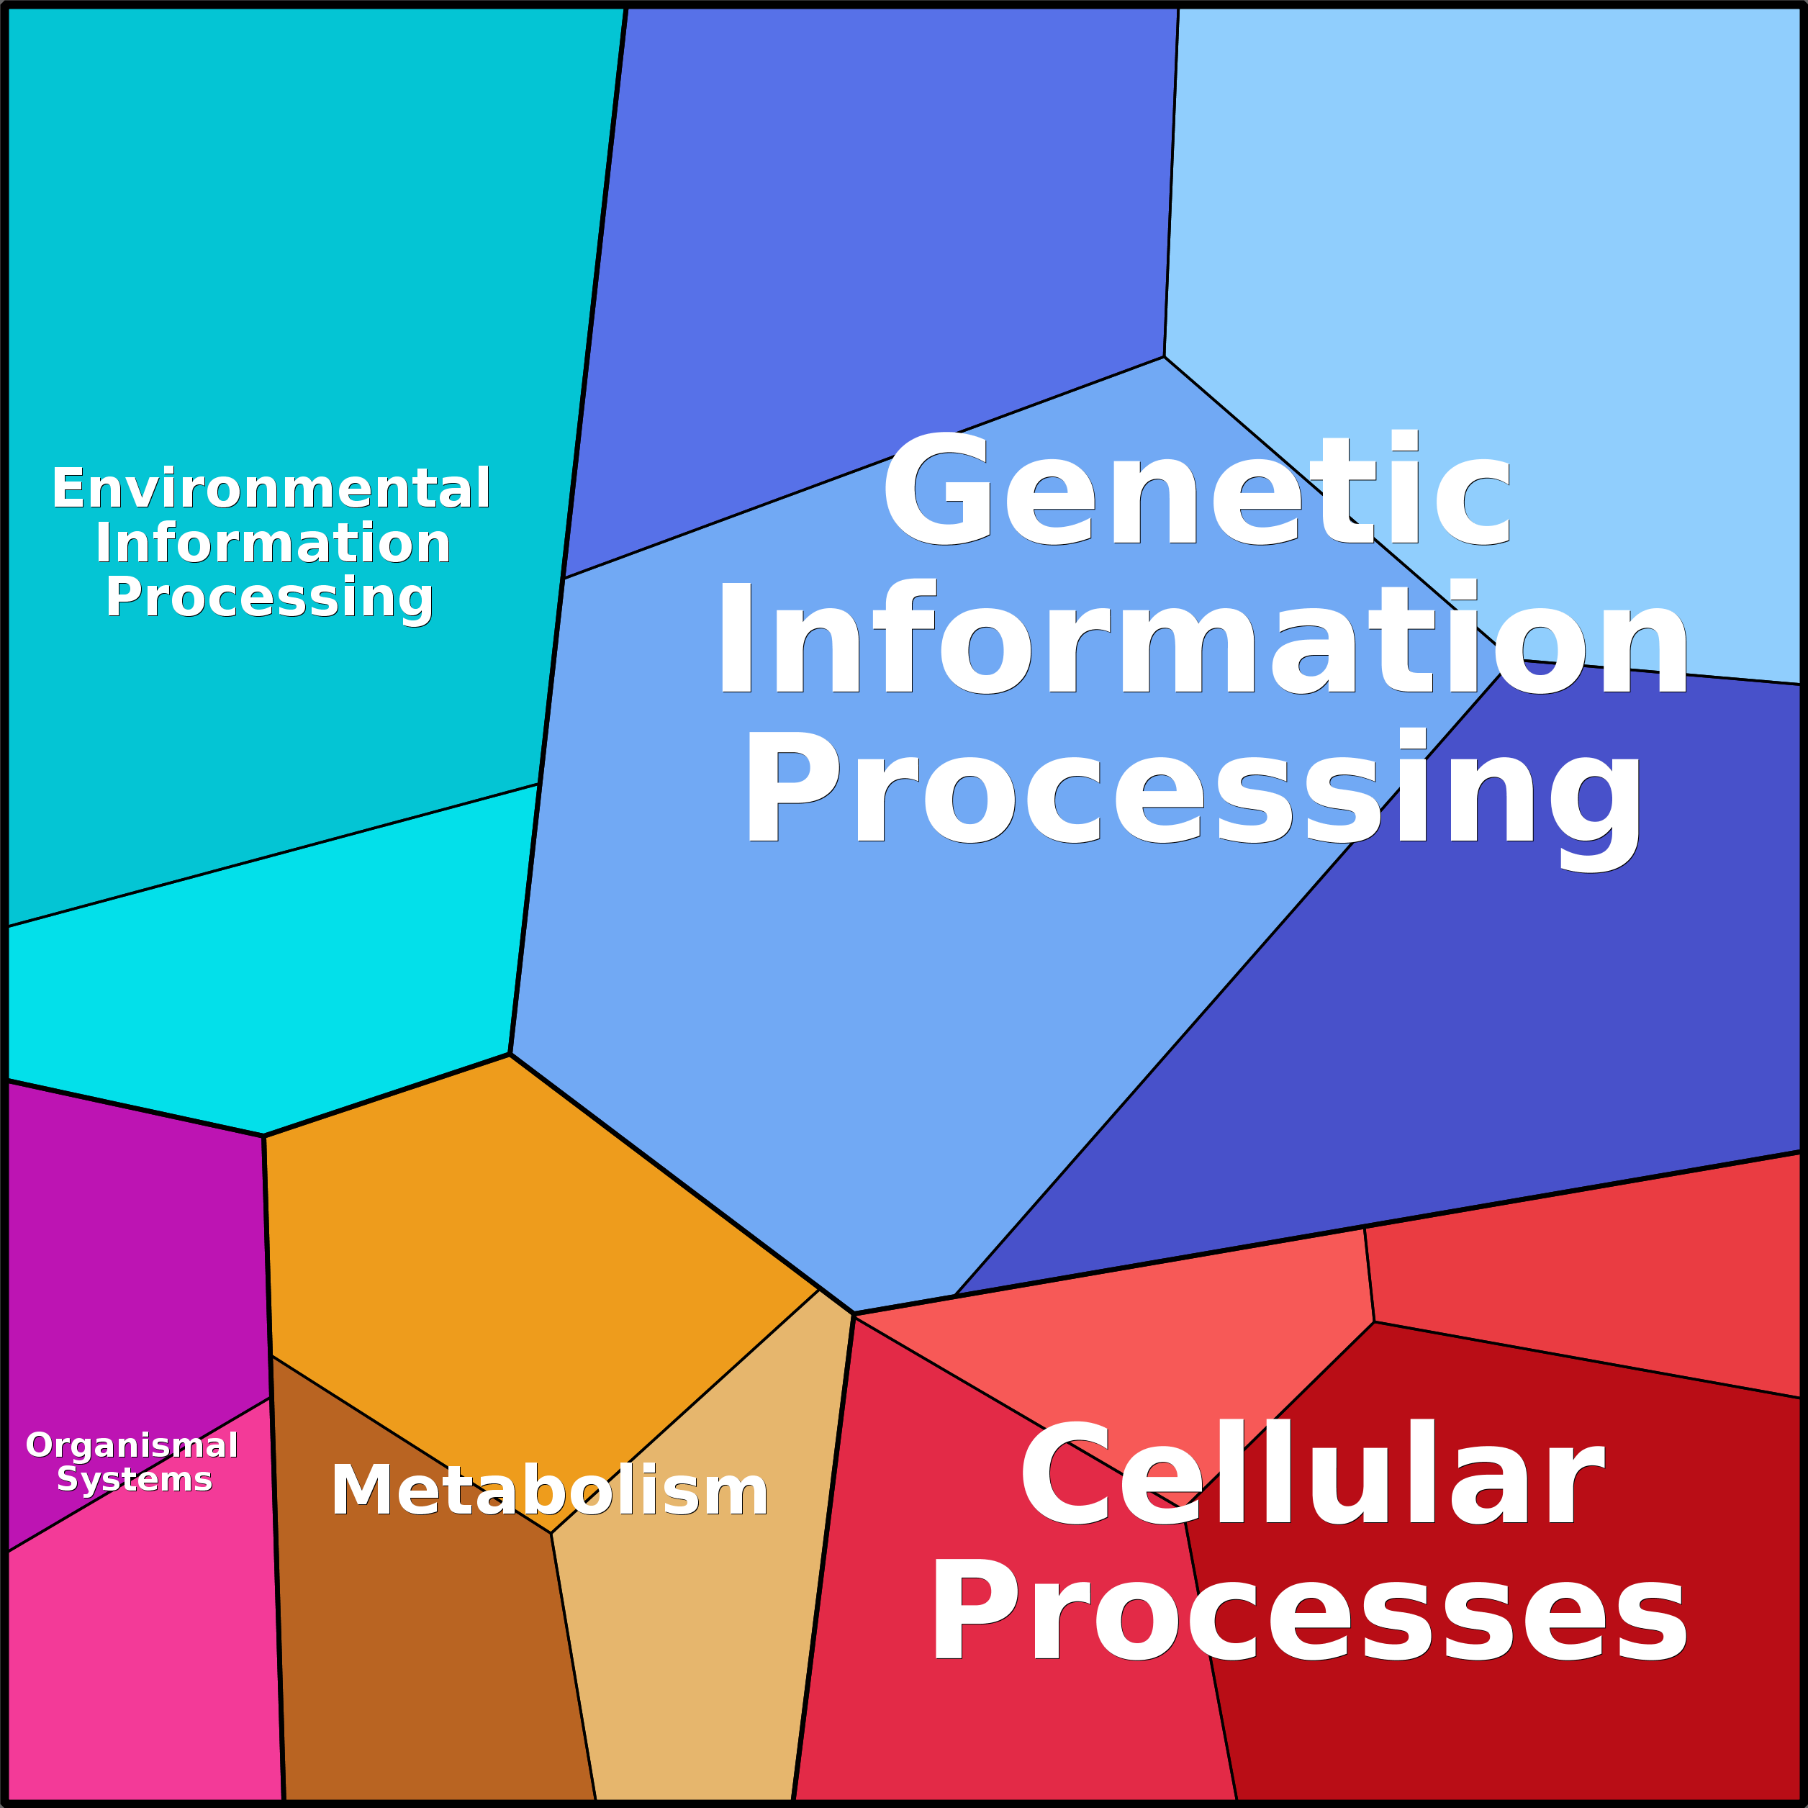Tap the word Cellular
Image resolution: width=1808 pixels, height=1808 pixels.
[x=1312, y=1475]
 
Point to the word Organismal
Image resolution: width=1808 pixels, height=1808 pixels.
[x=132, y=1445]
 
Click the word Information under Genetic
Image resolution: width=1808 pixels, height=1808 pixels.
[x=1201, y=637]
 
